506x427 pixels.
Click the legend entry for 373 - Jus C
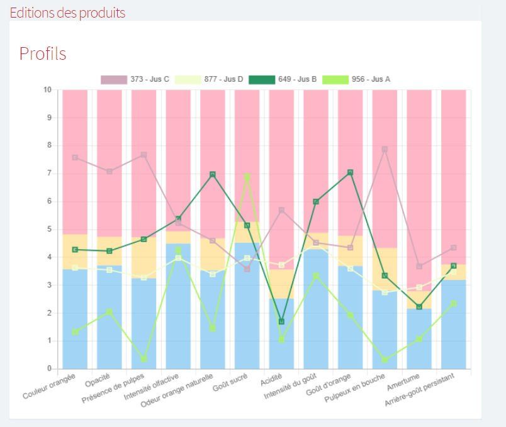pyautogui.click(x=135, y=79)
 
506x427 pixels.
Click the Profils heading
pyautogui.click(x=43, y=54)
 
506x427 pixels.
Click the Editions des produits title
pyautogui.click(x=67, y=13)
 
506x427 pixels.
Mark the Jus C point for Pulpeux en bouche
pyautogui.click(x=385, y=149)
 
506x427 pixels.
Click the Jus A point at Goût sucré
pyautogui.click(x=247, y=177)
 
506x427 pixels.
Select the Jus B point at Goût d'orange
pyautogui.click(x=350, y=172)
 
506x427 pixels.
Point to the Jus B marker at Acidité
pyautogui.click(x=281, y=321)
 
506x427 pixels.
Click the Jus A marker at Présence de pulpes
pyautogui.click(x=144, y=359)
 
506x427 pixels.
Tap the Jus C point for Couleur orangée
pyautogui.click(x=75, y=157)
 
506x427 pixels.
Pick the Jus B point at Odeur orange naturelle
pyautogui.click(x=213, y=174)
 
